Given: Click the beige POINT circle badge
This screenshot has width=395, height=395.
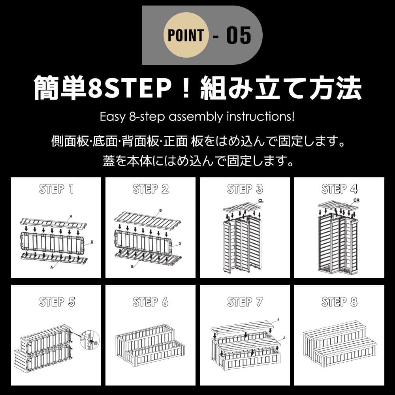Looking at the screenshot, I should [186, 35].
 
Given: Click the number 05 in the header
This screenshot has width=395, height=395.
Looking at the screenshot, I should [239, 36].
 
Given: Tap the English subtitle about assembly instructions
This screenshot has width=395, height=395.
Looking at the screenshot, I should [197, 117].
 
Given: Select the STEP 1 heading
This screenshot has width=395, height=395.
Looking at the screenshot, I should [56, 189].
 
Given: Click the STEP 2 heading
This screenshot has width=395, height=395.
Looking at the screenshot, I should [150, 189].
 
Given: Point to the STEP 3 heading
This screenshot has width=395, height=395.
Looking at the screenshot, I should [245, 189].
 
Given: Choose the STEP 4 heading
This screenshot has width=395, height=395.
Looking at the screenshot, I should [339, 189].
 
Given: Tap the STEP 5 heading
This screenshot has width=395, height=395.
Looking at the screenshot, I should [56, 302].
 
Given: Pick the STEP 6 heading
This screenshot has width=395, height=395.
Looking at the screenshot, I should [150, 302].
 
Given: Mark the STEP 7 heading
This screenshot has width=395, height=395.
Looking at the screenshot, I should [245, 302].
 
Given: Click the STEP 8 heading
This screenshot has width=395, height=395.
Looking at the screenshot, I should [339, 302].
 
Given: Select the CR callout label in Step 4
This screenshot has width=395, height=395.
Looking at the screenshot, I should [356, 201].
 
